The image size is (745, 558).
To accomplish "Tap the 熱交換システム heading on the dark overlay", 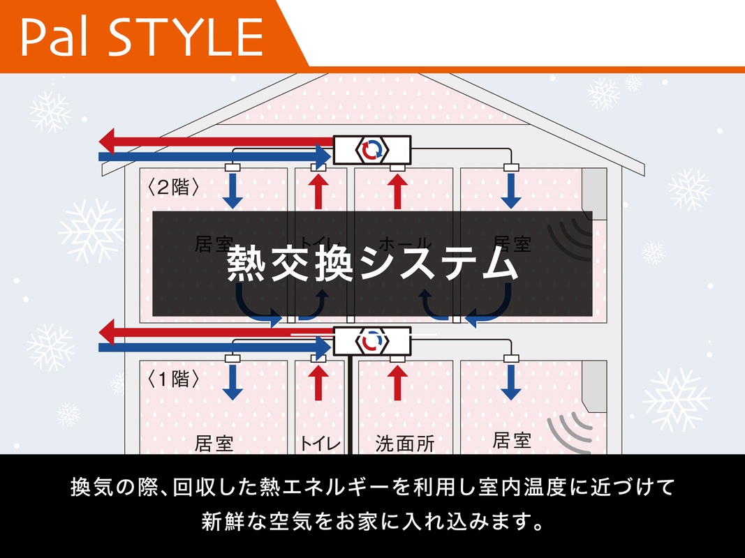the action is [x=373, y=263].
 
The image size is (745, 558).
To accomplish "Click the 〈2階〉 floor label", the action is [x=174, y=187].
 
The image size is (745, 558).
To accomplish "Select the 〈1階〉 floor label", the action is [x=174, y=379].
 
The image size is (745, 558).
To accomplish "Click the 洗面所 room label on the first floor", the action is [x=405, y=444].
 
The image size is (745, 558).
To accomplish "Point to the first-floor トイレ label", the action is [x=320, y=444].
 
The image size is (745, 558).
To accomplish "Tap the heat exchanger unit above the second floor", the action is [x=371, y=149].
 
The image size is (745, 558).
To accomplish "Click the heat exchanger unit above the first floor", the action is [x=371, y=341].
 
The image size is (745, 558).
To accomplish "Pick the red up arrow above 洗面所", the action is [x=398, y=382].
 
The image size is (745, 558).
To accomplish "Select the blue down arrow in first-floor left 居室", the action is [x=233, y=382].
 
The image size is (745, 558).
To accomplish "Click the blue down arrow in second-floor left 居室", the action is [x=233, y=190].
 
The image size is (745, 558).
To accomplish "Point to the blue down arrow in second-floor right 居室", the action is [x=512, y=190].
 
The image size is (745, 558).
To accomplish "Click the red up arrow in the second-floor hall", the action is [x=397, y=190].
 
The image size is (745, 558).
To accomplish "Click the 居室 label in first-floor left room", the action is [x=214, y=444].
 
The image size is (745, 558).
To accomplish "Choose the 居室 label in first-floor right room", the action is [x=512, y=440].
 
